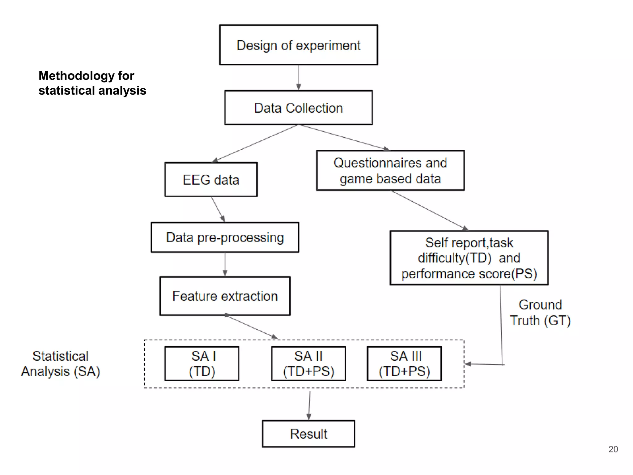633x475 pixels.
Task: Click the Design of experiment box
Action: [x=298, y=45]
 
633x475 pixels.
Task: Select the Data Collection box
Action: [x=298, y=108]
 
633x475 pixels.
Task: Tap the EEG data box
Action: [x=211, y=180]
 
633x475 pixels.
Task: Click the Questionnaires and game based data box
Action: [x=390, y=171]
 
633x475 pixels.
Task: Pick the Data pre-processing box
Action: [x=225, y=237]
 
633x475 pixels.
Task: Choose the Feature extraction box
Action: [x=225, y=296]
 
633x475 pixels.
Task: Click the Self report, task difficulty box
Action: [x=469, y=258]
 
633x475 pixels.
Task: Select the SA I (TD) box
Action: [x=202, y=364]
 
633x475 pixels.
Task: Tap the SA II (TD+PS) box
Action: [x=308, y=364]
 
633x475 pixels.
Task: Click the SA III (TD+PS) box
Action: [x=404, y=364]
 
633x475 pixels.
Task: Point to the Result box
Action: [x=308, y=434]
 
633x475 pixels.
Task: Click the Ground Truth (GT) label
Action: [x=540, y=313]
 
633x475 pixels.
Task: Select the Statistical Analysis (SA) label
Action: [x=61, y=364]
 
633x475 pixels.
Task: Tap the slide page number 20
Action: [x=613, y=449]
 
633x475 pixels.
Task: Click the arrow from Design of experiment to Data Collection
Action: [x=299, y=77]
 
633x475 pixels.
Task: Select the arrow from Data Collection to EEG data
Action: [x=255, y=143]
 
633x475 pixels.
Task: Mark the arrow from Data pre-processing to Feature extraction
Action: [x=225, y=264]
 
